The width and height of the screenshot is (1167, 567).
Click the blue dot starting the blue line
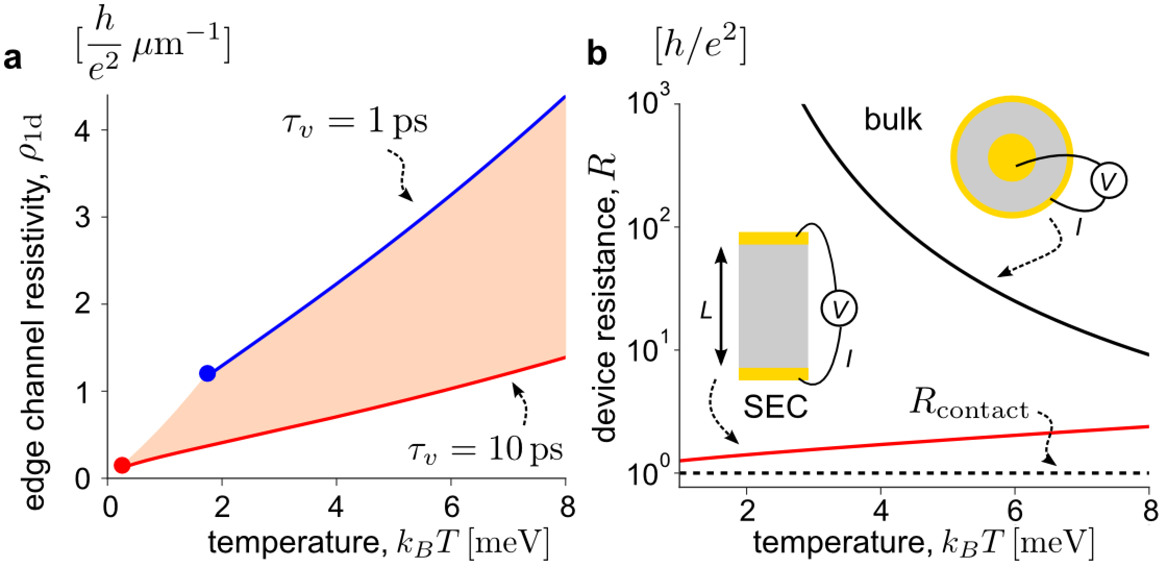207,373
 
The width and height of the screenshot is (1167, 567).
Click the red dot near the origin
122,464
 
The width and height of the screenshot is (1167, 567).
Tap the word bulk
892,120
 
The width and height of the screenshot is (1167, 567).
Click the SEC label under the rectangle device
776,406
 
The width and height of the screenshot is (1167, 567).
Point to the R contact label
969,409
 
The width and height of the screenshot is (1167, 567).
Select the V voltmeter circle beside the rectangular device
839,309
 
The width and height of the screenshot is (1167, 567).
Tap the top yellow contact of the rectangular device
773,238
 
